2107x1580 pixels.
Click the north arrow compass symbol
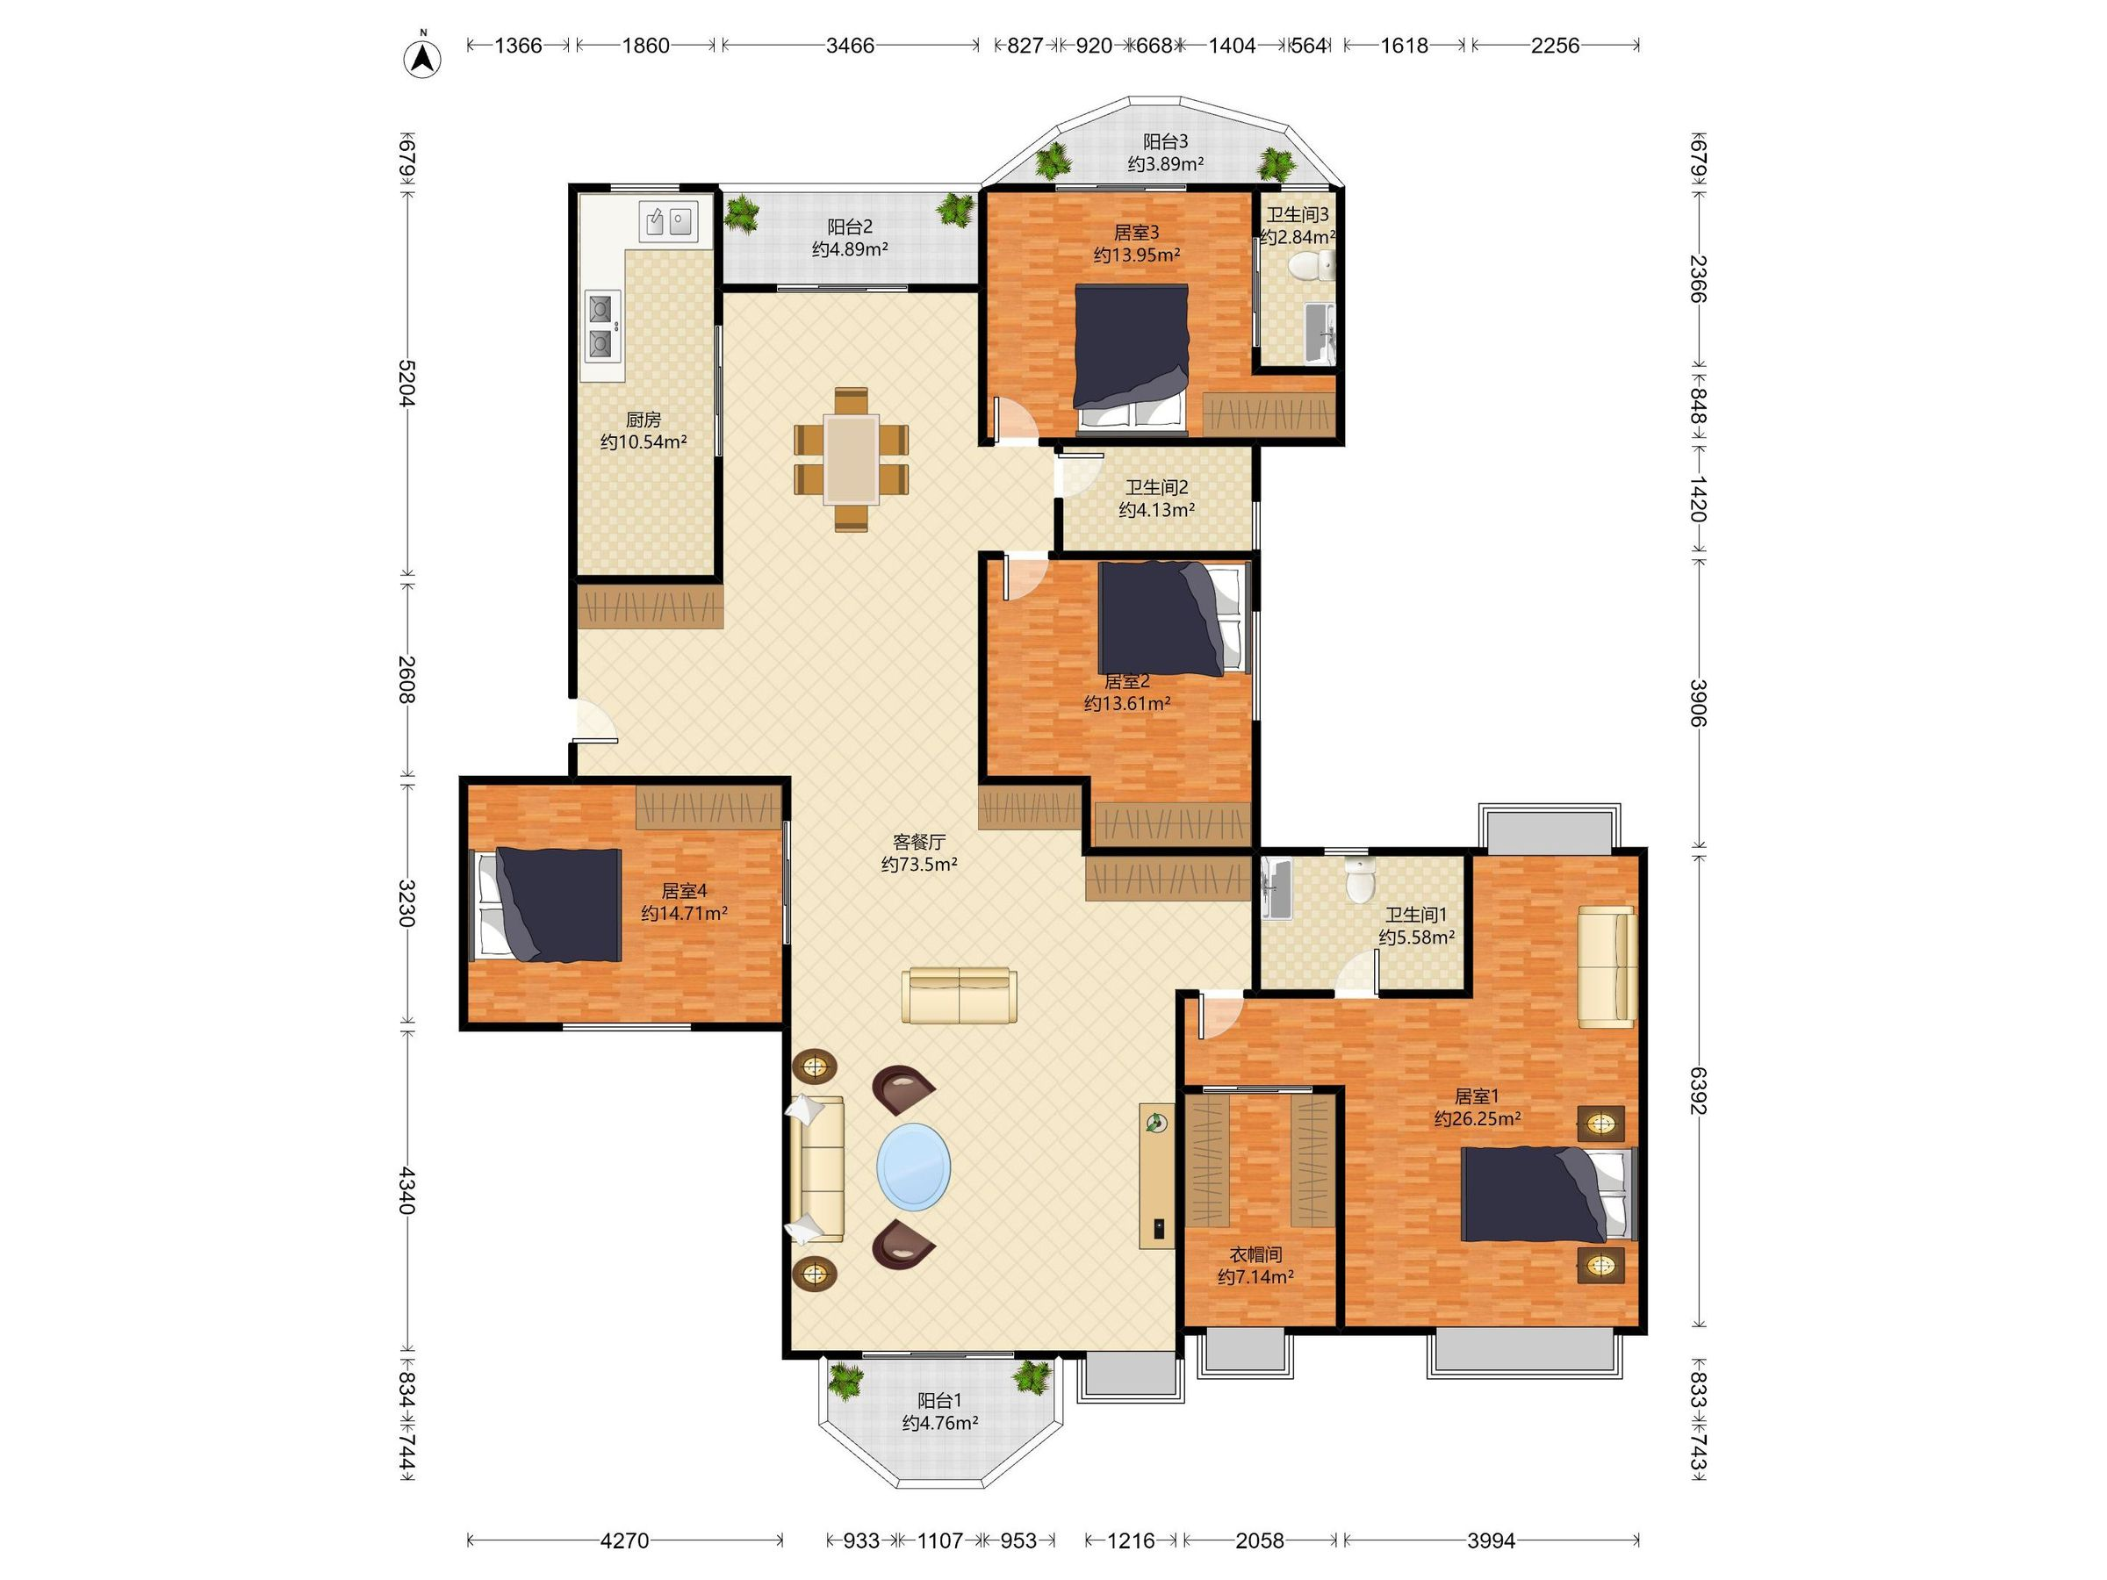pos(423,57)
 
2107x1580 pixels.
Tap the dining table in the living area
pos(852,459)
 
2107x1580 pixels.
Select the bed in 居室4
pos(549,904)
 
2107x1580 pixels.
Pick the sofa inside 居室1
pos(1607,966)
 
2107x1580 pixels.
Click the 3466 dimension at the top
pos(850,45)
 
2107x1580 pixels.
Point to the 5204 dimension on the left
pos(406,382)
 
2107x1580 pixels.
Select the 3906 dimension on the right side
pos(1697,702)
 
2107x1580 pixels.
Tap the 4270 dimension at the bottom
pos(624,1540)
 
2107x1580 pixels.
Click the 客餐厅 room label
pos(918,842)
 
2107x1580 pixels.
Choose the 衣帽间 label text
pos(1255,1254)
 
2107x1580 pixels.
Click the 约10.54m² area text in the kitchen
pos(644,442)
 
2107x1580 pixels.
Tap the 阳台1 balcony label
pos(939,1401)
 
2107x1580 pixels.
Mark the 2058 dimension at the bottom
pos(1259,1540)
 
